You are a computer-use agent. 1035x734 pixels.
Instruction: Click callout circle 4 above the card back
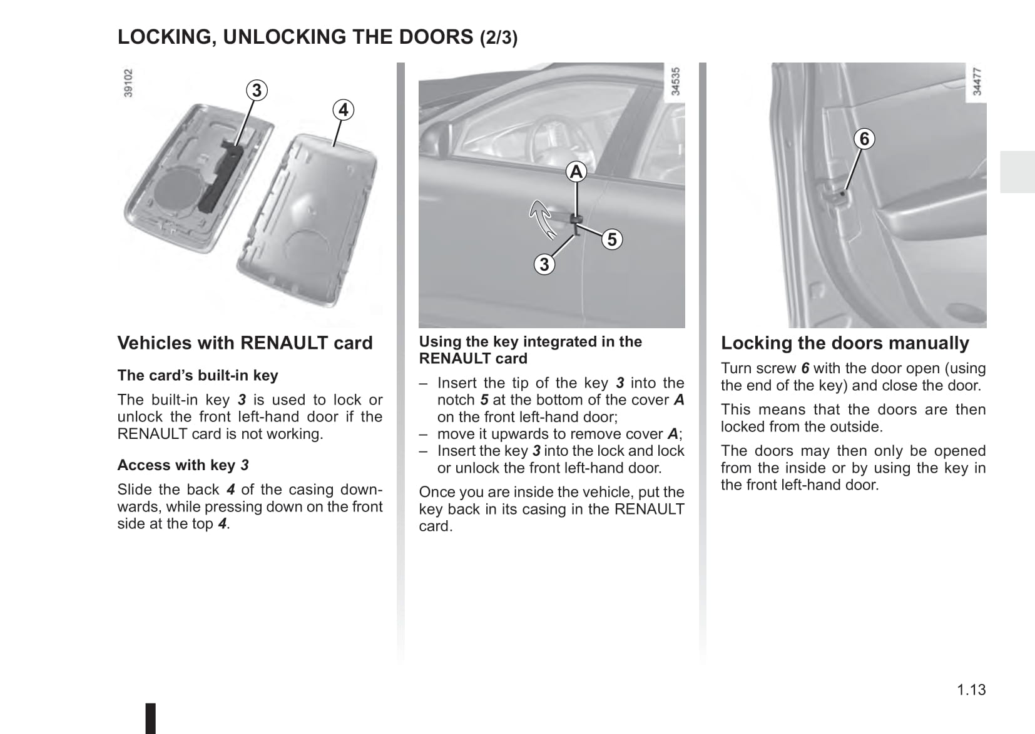(343, 110)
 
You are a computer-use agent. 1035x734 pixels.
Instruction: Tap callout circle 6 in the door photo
(864, 138)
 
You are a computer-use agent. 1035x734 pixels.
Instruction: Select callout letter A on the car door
(576, 171)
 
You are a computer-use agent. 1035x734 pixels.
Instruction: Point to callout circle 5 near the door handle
(612, 239)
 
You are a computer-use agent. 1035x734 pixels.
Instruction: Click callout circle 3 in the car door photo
(544, 264)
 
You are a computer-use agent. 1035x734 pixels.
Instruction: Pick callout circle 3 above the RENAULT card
(257, 90)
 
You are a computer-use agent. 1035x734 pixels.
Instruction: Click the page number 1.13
(971, 690)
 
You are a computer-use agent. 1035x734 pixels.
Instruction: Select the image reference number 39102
(128, 83)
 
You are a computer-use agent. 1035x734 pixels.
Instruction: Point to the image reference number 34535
(675, 81)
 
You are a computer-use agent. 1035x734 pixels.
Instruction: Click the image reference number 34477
(977, 81)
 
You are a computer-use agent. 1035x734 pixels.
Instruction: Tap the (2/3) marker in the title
(499, 38)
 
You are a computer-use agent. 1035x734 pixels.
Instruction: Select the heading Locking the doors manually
(845, 343)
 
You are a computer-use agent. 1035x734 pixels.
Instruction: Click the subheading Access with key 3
(183, 465)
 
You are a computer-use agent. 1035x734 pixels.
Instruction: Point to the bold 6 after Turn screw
(805, 368)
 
